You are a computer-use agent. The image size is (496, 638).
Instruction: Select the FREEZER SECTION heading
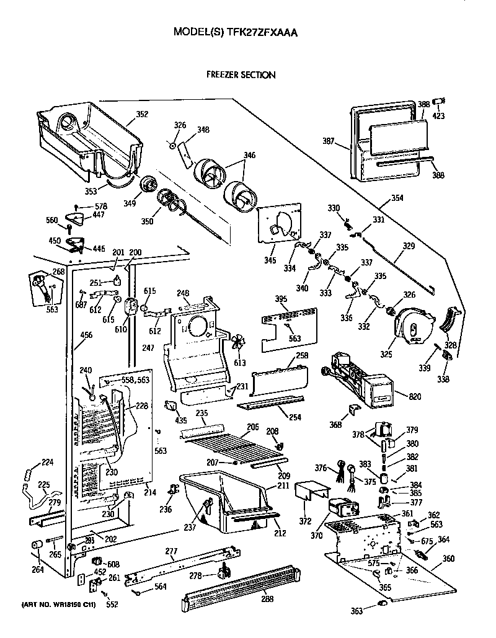click(x=241, y=75)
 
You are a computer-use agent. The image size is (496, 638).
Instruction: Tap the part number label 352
click(x=142, y=114)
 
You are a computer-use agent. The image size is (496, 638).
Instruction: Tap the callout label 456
click(x=86, y=335)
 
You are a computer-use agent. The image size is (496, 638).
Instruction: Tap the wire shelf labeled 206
click(x=229, y=446)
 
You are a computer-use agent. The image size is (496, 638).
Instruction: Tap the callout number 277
click(x=171, y=550)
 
